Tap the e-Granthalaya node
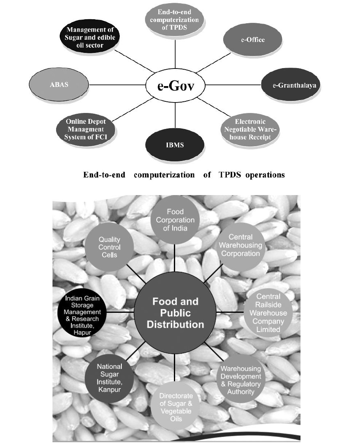pos(291,85)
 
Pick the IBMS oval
pos(175,145)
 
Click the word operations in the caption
pos(266,175)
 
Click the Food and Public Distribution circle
pos(175,312)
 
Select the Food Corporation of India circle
pos(175,220)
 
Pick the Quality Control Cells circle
pos(109,247)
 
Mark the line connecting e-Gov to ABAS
pos(117,85)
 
